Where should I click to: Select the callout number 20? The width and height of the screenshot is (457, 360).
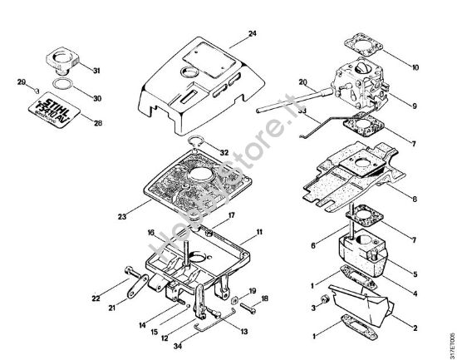[304, 82]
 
